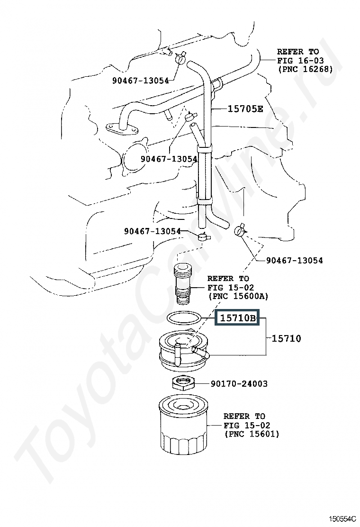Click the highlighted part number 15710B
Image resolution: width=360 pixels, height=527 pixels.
click(x=237, y=318)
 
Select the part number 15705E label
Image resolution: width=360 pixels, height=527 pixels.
click(x=245, y=109)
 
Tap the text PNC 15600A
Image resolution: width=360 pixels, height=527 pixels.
click(x=238, y=296)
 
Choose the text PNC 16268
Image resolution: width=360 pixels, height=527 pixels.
click(x=305, y=69)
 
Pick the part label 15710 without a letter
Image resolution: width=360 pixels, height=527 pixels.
click(x=286, y=338)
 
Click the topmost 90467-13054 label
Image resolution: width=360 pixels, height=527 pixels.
click(x=140, y=81)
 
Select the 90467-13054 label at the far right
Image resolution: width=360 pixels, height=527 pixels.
click(x=294, y=260)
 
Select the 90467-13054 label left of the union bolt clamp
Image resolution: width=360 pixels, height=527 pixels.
click(x=153, y=231)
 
